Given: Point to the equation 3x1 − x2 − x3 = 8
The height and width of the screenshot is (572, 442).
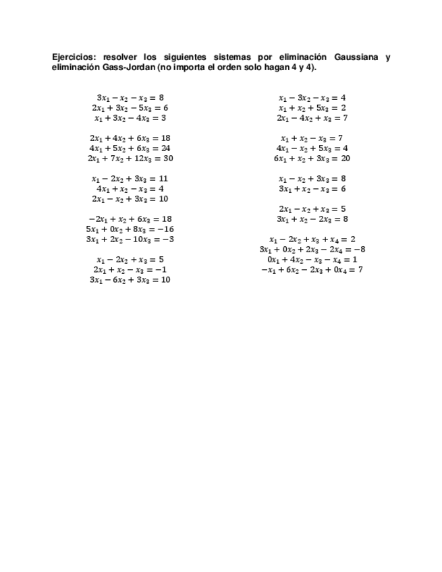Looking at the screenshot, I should (130, 98).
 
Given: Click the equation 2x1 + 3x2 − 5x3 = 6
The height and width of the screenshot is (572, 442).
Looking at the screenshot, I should (130, 108).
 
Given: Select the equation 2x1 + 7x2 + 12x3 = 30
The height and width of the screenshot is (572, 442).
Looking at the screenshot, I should (130, 159).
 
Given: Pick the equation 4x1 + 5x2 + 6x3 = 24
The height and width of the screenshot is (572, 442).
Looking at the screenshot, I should (130, 148).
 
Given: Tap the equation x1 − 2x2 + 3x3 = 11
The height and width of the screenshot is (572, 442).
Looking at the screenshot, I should (130, 179).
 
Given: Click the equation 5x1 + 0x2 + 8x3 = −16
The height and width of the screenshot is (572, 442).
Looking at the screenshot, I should (130, 229).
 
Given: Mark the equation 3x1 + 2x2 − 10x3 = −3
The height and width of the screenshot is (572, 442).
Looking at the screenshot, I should (130, 239).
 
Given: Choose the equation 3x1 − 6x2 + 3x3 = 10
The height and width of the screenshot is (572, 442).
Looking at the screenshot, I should (130, 280).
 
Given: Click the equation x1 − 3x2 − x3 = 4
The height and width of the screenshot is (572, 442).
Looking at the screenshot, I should (312, 98).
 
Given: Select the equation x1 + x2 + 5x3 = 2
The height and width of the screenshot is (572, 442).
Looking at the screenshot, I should (312, 108).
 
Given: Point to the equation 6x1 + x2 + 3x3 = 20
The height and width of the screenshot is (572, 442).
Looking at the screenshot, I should (312, 159).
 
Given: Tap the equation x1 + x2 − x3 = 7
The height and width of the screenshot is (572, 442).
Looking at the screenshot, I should (312, 138).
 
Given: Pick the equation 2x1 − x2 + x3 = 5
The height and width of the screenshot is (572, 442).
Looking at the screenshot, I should (312, 209).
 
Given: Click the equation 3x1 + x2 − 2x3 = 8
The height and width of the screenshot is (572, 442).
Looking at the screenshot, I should (312, 219).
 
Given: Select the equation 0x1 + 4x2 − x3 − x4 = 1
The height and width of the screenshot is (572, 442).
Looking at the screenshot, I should (312, 260).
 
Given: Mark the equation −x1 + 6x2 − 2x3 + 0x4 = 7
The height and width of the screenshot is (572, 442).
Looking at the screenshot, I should (312, 270).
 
